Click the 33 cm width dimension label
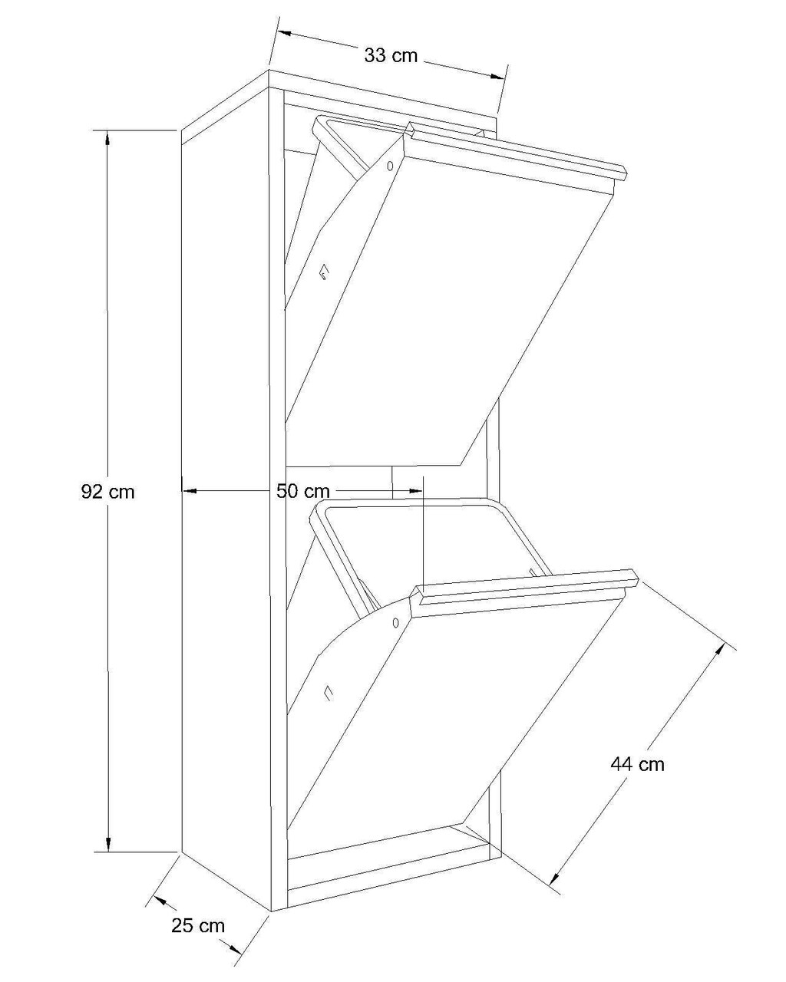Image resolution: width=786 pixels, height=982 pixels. click(x=391, y=56)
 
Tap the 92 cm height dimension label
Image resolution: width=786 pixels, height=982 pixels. click(x=107, y=492)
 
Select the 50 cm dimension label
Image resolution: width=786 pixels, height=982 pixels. click(x=302, y=491)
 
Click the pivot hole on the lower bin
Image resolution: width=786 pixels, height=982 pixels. click(x=395, y=622)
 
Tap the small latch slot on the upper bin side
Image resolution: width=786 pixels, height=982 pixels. click(x=324, y=272)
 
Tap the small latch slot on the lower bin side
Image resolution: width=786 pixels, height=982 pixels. click(x=328, y=692)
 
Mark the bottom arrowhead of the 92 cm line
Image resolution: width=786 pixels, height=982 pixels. click(x=108, y=844)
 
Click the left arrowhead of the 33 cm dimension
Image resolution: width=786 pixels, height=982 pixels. click(x=286, y=33)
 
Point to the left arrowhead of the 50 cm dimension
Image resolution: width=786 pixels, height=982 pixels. click(x=190, y=491)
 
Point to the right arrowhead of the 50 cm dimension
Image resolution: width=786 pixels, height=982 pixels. click(x=415, y=491)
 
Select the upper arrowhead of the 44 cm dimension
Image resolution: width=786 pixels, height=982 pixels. click(x=719, y=650)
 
